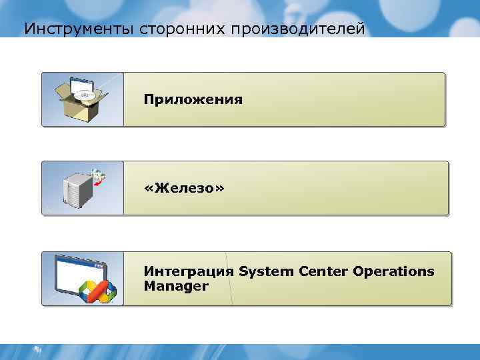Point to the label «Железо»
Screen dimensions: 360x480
185,189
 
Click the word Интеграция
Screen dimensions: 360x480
189,271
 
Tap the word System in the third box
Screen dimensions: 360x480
265,271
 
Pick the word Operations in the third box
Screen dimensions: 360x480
394,271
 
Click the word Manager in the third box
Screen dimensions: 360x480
176,286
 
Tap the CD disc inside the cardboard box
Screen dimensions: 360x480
85,95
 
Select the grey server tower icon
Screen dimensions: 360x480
77,191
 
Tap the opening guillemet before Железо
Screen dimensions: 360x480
149,189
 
